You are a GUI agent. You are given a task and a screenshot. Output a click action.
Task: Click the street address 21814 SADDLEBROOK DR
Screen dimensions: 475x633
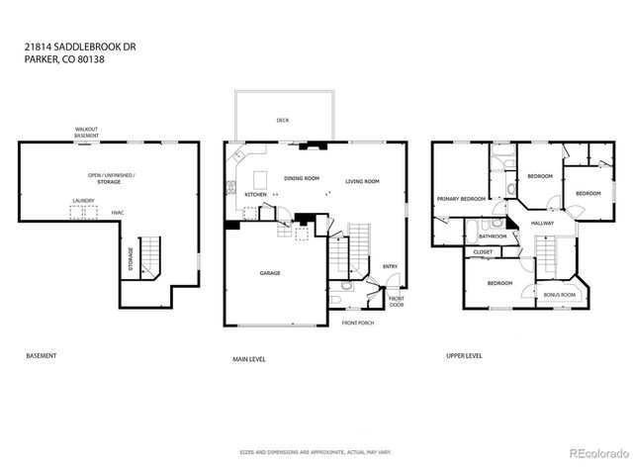[63, 46]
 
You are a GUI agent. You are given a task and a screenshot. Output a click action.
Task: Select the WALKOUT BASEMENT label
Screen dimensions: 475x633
[86, 133]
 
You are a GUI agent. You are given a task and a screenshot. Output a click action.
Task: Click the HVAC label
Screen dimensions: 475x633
[117, 212]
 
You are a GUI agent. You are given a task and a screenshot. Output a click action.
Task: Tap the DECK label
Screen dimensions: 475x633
[282, 121]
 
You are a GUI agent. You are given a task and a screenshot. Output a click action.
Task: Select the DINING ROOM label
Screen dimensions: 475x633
[301, 179]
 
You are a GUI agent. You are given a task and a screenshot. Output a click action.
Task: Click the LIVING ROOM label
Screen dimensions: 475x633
[362, 181]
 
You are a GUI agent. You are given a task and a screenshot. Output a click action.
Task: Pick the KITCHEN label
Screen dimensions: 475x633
[256, 195]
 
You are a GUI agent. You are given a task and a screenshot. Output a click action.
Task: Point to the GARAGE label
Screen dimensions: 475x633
[270, 272]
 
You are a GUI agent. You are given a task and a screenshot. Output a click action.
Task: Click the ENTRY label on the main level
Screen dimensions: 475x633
[390, 265]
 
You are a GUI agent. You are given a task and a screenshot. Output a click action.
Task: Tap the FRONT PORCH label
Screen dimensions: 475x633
[358, 324]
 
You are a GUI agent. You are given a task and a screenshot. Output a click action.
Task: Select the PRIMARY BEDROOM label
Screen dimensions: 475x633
[461, 199]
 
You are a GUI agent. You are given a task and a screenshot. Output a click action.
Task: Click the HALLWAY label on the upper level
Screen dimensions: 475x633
[542, 223]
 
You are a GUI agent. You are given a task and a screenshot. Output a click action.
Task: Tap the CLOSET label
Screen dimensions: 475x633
[483, 252]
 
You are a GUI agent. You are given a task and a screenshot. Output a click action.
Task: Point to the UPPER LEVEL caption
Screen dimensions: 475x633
[463, 355]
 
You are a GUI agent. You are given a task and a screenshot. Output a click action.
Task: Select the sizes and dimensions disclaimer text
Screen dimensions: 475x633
[316, 451]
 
